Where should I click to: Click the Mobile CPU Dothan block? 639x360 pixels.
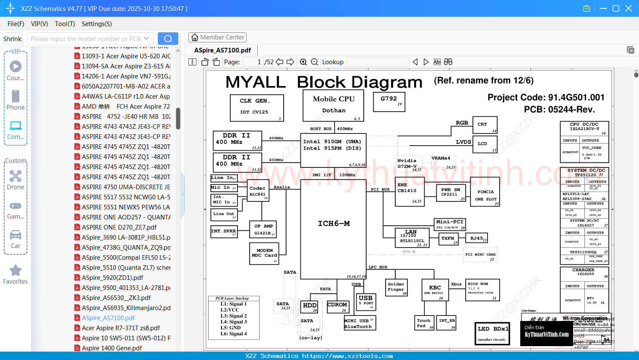[334, 105]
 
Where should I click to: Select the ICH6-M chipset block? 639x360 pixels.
[334, 224]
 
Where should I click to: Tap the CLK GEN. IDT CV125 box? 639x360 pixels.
[257, 107]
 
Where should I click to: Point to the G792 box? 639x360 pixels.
[389, 101]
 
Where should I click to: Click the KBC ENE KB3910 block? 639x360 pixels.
[435, 290]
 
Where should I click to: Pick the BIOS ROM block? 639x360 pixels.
[483, 290]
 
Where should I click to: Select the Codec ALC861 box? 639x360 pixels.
[258, 191]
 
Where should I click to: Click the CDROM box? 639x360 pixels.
[337, 307]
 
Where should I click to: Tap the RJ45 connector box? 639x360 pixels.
[478, 238]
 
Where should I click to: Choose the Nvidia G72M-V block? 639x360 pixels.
[409, 164]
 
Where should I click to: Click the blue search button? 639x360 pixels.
[168, 39]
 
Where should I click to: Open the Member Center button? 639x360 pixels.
[217, 37]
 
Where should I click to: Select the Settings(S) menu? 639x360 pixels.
[97, 24]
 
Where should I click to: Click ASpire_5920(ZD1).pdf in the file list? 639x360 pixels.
[112, 278]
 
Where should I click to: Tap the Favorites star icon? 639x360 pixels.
[16, 271]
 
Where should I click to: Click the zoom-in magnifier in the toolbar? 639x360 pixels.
[303, 62]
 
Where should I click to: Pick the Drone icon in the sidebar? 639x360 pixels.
[16, 177]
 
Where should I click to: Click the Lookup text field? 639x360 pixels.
[378, 62]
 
